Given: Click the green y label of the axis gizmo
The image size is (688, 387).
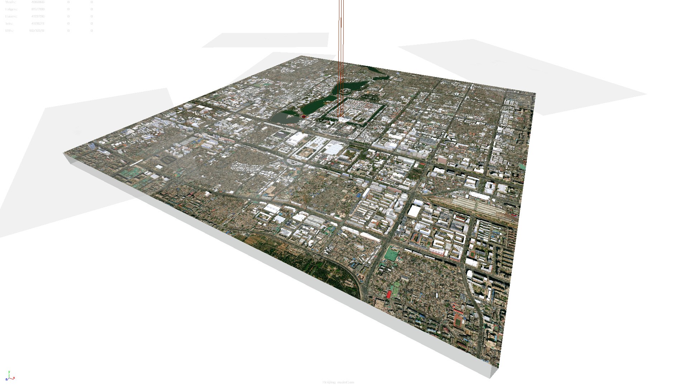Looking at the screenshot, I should click(9, 373).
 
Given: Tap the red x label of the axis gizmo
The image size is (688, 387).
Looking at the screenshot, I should click(14, 378).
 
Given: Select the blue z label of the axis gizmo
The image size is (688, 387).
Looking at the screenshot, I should click(6, 379).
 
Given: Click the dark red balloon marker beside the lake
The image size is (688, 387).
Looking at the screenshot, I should click(304, 116).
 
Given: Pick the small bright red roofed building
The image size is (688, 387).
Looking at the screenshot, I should click(389, 295).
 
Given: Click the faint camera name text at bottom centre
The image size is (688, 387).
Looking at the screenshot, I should click(338, 382).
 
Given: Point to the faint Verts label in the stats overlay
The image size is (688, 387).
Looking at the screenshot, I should click(10, 2).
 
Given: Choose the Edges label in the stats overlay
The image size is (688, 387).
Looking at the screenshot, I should click(11, 9).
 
